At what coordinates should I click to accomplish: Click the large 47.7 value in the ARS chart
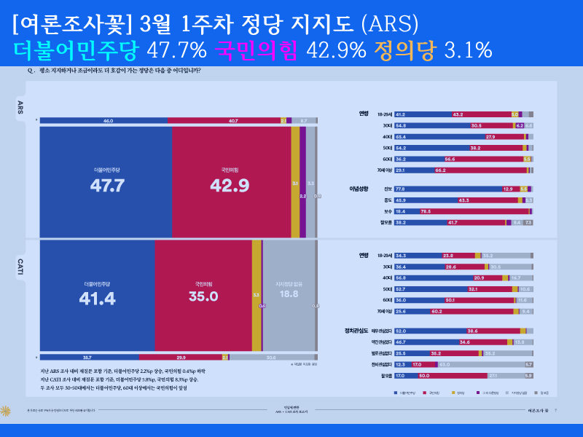107,185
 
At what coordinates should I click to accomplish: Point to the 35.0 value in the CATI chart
203,296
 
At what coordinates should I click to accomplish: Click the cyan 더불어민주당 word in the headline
76,50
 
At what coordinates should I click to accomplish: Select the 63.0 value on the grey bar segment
444,364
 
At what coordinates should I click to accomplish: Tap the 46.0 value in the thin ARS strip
108,120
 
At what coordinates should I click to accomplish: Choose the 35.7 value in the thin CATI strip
87,358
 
